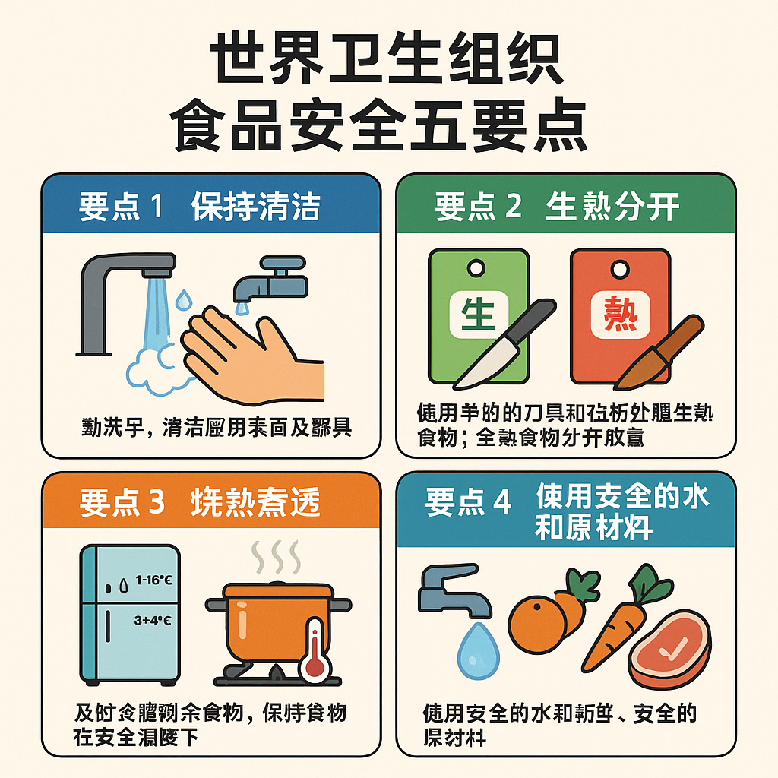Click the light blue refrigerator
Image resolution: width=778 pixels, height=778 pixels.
tap(130, 613)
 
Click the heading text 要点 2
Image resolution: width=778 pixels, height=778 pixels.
tap(478, 207)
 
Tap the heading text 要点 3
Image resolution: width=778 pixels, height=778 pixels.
tap(122, 503)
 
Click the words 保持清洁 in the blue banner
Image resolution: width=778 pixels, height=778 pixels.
tap(255, 207)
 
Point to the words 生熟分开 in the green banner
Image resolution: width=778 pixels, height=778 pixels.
tap(612, 207)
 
